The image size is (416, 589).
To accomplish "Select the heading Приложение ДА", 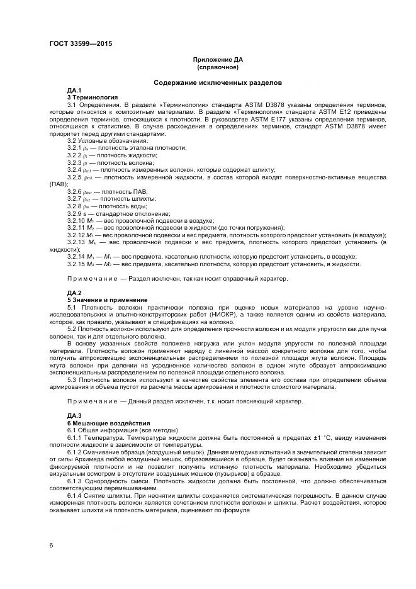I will click(218, 60).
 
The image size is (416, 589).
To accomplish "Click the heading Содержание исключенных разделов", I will click(217, 82).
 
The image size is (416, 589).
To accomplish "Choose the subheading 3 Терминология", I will click(93, 98).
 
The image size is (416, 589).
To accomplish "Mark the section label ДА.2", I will click(74, 293).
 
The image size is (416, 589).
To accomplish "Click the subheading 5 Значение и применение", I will click(107, 300).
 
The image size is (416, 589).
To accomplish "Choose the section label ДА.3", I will click(74, 416).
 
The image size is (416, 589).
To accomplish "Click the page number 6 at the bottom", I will click(51, 544).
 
